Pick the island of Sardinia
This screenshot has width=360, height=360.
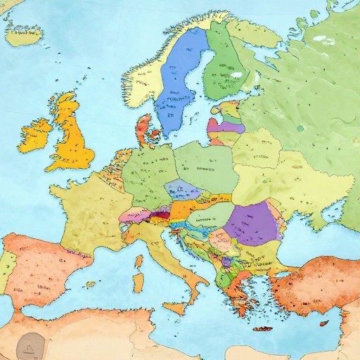click(x=139, y=282)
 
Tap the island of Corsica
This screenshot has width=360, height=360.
click(x=139, y=262)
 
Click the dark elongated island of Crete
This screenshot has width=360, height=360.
click(x=262, y=328)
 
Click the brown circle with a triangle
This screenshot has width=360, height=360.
click(x=30, y=345)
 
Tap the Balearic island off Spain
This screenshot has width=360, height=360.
click(x=90, y=285)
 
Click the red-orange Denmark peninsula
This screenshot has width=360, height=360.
click(x=145, y=129)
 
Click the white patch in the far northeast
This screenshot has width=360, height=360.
click(x=323, y=39)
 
